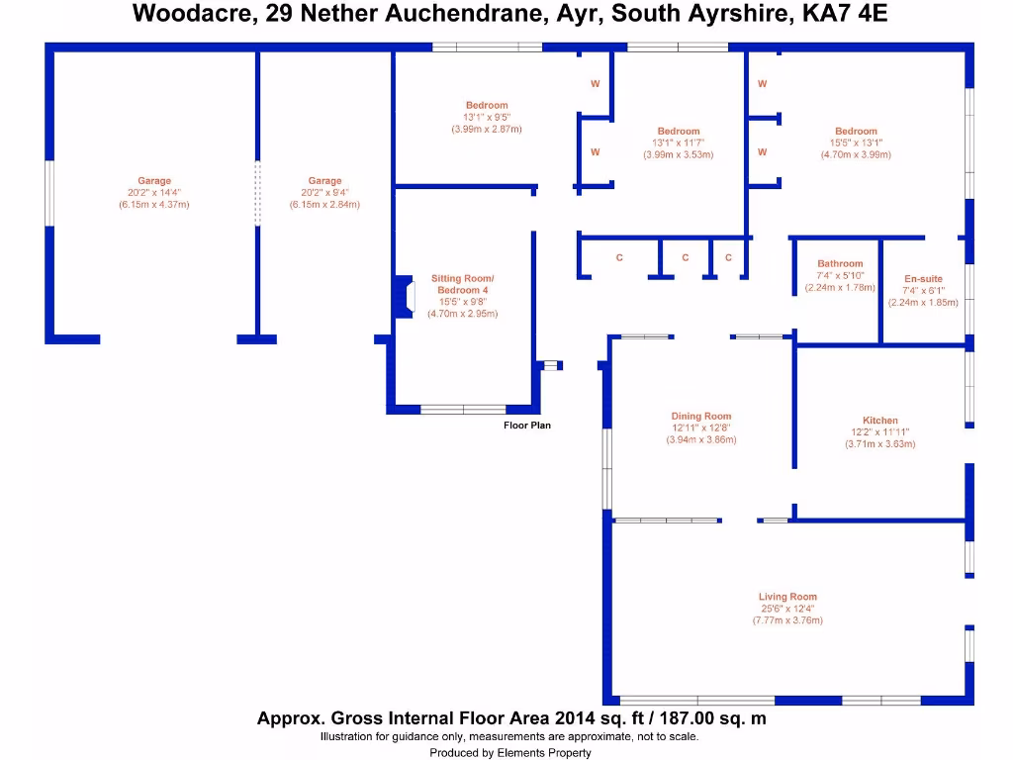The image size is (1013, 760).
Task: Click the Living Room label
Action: coord(787,597)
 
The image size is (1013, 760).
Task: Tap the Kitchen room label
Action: coord(879,420)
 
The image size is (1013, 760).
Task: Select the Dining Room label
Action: coord(701,417)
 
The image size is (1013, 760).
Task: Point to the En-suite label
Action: coord(923,278)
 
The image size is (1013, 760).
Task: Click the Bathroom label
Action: coord(840,263)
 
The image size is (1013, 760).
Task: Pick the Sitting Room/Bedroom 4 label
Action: coord(463,284)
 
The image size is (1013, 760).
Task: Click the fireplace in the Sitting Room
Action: coord(405,297)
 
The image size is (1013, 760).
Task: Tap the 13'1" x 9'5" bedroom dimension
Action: coord(487,117)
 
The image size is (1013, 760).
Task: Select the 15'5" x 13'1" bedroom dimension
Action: coord(856,142)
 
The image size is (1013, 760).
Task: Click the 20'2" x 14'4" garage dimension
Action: coord(153,193)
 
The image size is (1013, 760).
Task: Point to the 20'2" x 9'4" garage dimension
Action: coord(324,193)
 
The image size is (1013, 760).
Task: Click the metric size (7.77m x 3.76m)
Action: coord(787,620)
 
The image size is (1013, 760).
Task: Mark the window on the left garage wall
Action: coord(49,193)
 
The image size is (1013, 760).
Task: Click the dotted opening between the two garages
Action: coord(258,193)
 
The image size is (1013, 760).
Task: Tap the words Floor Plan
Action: coord(527,426)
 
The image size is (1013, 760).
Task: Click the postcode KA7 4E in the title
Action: coord(845,13)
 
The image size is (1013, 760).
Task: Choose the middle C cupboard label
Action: coord(685,258)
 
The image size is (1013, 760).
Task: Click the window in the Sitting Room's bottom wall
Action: coord(463,409)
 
